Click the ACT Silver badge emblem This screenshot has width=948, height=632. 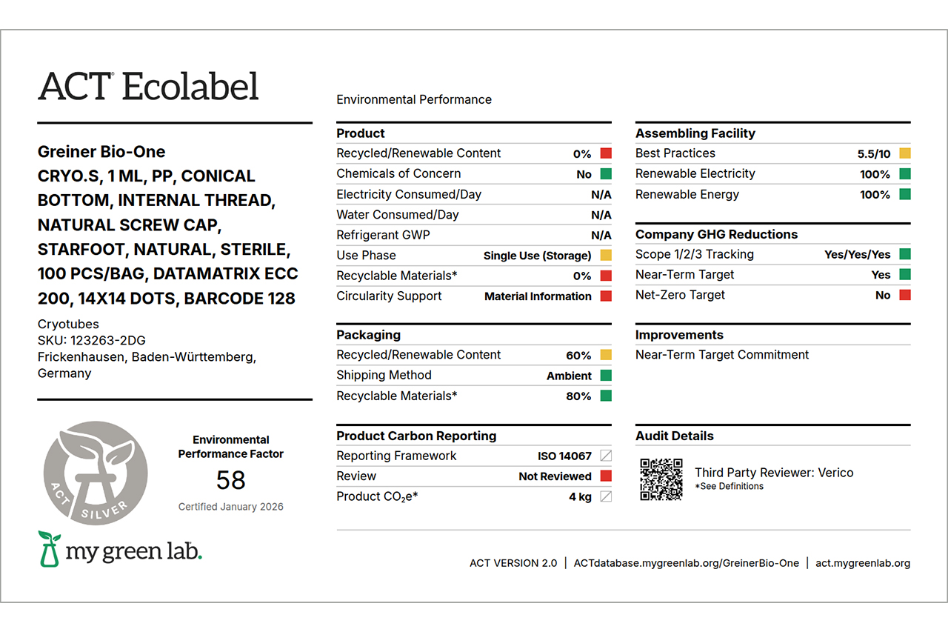96,473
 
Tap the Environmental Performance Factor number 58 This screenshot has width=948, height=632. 230,480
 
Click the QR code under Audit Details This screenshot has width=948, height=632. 661,479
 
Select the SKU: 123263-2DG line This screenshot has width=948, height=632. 92,340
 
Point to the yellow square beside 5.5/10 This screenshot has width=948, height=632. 905,153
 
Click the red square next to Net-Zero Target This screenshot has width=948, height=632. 905,295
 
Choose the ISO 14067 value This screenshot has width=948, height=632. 564,456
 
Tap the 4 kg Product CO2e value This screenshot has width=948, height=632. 580,496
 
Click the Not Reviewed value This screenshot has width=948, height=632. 555,476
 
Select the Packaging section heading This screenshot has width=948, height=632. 368,335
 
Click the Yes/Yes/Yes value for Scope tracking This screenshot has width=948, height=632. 857,254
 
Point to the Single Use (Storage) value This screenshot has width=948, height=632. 537,256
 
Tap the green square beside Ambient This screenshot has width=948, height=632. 606,376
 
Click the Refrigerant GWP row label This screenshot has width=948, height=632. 383,235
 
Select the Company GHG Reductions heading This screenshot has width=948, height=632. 716,234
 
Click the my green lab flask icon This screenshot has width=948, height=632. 50,549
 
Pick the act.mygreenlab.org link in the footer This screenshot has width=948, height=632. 863,563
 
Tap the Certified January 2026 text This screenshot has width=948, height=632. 230,507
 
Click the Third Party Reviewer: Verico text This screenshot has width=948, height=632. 774,473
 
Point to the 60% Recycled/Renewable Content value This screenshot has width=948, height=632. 578,356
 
